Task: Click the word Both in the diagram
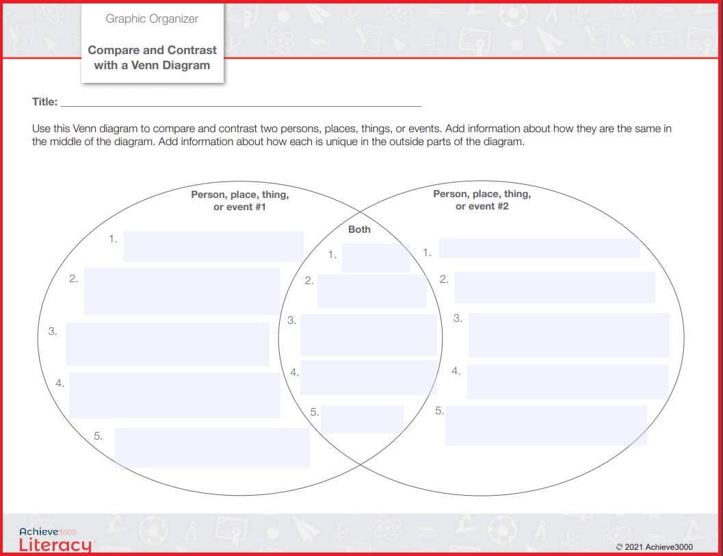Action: (x=359, y=229)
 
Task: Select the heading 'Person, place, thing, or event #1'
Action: (x=239, y=200)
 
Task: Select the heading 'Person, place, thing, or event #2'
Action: (x=482, y=200)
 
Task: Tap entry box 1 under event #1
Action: (x=213, y=247)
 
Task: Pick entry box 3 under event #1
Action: (x=168, y=344)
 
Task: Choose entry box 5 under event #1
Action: (x=212, y=448)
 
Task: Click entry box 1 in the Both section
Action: (x=376, y=258)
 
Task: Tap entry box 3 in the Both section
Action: (x=368, y=336)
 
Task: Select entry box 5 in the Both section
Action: (x=362, y=419)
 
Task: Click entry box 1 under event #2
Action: (x=539, y=248)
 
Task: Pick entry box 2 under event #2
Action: (x=554, y=288)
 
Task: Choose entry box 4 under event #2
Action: (x=567, y=381)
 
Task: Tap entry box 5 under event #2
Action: (x=546, y=425)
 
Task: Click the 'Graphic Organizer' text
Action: (x=152, y=18)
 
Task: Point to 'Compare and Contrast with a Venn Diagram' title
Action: (x=152, y=58)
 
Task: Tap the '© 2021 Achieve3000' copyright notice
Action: (x=654, y=547)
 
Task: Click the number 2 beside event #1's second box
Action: (x=73, y=279)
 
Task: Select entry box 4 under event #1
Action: (x=174, y=395)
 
